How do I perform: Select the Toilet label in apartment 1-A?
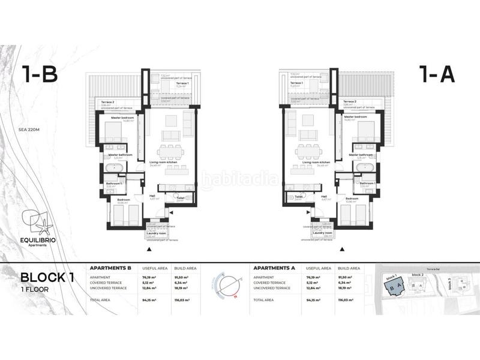coord(298,196)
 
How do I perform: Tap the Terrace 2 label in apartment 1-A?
coord(350,102)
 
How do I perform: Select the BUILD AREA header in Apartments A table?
coord(349,268)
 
